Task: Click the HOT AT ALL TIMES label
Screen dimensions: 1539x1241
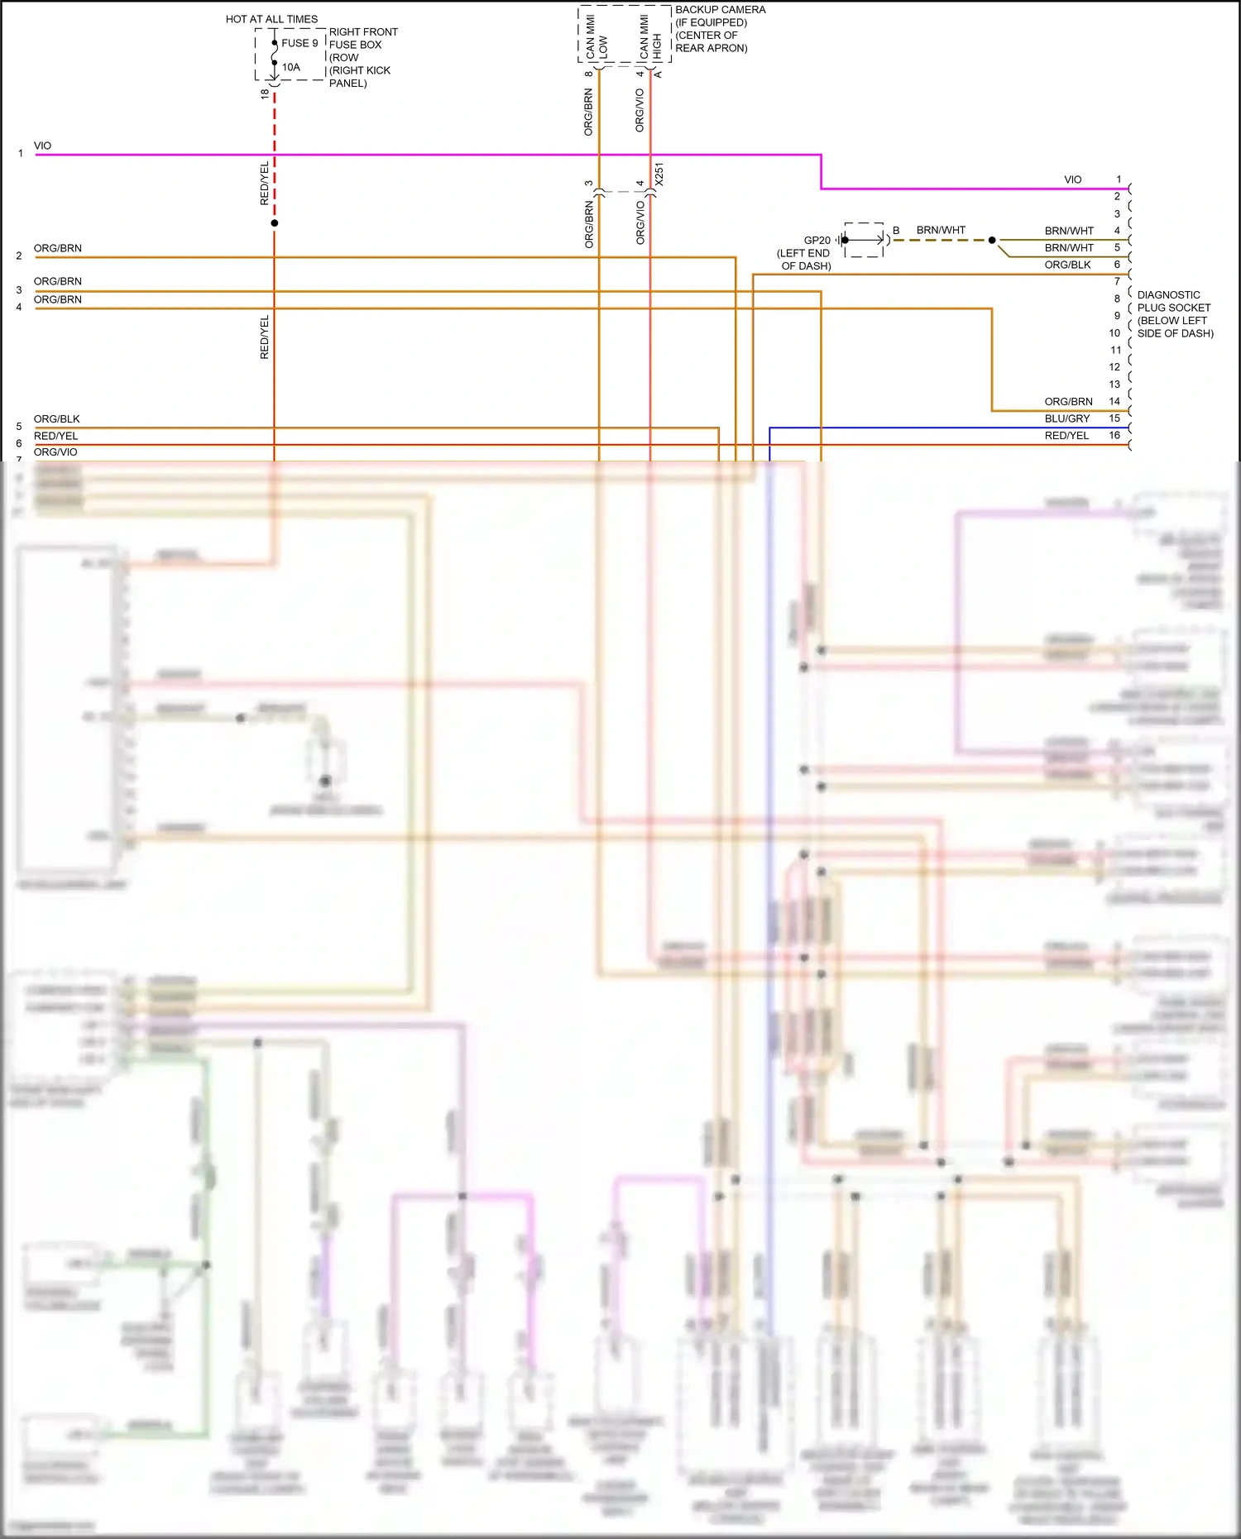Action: pos(271,19)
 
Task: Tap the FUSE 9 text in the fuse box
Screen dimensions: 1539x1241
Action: pos(299,43)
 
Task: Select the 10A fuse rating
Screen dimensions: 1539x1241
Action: pos(291,67)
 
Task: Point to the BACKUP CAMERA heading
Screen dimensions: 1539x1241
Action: pos(720,10)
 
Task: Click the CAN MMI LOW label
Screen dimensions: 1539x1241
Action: pos(597,38)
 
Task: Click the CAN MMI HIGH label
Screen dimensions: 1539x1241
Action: pos(650,38)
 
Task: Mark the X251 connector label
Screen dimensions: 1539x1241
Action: pos(659,174)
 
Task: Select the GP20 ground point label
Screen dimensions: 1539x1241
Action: pos(817,240)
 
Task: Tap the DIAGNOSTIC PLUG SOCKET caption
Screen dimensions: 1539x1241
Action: pos(1175,313)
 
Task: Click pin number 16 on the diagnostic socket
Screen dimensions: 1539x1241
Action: pos(1114,435)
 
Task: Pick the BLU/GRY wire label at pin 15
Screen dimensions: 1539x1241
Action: pos(1066,418)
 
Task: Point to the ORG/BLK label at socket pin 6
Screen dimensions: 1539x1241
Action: pos(1067,265)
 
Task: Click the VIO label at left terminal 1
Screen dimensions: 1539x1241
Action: pos(42,146)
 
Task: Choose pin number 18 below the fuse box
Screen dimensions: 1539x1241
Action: pos(265,94)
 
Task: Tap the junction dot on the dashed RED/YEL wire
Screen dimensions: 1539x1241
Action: pos(275,223)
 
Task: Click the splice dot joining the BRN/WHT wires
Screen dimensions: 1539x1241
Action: pos(992,240)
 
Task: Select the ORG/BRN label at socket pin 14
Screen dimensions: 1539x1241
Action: pos(1068,401)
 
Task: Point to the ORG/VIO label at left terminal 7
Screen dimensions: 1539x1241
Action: pos(55,452)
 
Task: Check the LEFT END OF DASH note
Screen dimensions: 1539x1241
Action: pos(804,259)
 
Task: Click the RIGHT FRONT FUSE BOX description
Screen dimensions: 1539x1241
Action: pos(362,57)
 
